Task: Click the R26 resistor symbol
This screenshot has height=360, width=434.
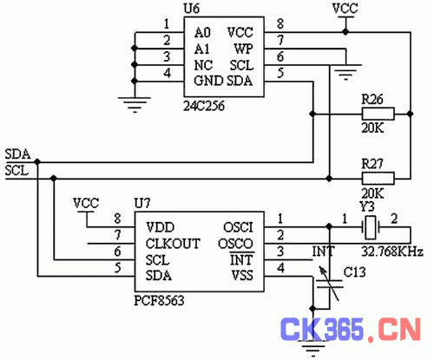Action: tap(378, 114)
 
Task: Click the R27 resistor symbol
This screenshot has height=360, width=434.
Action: tap(378, 178)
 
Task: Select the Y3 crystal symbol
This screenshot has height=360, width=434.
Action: tap(371, 227)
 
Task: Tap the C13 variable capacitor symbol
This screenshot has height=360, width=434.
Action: tap(329, 284)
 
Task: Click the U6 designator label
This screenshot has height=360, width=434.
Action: tap(192, 9)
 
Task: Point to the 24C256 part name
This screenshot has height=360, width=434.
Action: tap(204, 106)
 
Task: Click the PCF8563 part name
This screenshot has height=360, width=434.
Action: tap(159, 301)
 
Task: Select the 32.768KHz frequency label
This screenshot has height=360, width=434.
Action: tap(392, 252)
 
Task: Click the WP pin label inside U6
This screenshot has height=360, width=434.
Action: tap(243, 49)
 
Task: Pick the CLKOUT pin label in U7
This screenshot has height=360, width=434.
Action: tap(173, 244)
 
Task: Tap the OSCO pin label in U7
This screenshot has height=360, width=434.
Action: tap(235, 244)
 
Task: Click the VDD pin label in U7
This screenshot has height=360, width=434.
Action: tap(161, 227)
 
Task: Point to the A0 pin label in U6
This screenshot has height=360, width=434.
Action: tap(202, 33)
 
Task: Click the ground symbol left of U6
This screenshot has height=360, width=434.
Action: tap(135, 105)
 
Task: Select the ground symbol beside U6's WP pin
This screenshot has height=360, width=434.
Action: tap(345, 72)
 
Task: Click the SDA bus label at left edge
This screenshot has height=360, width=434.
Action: tap(17, 154)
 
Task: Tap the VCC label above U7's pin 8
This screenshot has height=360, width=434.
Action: tap(86, 203)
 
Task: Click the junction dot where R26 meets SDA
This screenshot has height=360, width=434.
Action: tap(312, 114)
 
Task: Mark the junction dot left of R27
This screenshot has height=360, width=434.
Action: tap(329, 179)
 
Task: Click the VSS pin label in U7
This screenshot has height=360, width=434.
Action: tap(242, 276)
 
